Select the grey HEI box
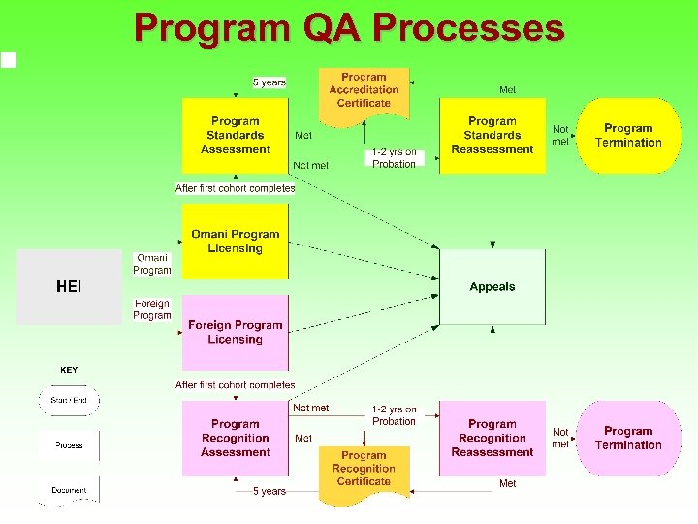(x=69, y=287)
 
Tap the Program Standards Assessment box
(x=236, y=136)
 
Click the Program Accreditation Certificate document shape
(x=365, y=91)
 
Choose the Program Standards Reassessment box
(x=492, y=136)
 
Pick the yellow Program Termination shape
(x=628, y=136)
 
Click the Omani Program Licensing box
(x=236, y=242)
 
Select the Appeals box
(x=492, y=287)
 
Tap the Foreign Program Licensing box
(x=236, y=333)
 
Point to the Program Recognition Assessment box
(x=236, y=439)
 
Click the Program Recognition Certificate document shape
(x=365, y=470)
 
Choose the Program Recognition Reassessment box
(x=492, y=439)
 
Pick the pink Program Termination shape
(x=628, y=439)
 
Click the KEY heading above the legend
(x=69, y=370)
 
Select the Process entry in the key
(x=69, y=445)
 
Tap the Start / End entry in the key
(x=69, y=400)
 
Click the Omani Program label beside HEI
(x=152, y=264)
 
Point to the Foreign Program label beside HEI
(x=152, y=310)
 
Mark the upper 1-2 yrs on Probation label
(x=395, y=158)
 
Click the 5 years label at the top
(x=269, y=82)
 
